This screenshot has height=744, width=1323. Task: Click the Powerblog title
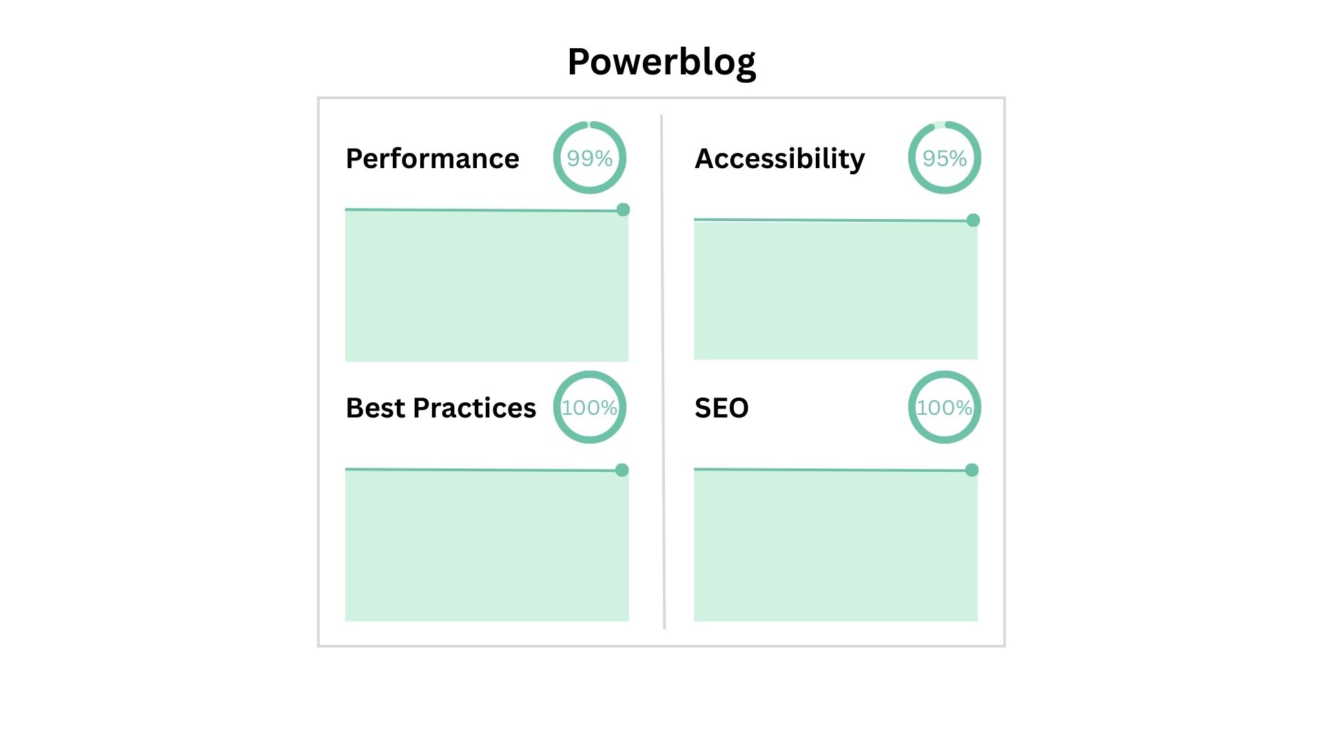point(661,62)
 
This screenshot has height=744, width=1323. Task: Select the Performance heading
point(432,158)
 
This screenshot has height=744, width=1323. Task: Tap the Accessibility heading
point(779,158)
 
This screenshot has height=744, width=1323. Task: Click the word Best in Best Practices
point(375,408)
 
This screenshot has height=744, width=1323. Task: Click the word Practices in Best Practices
point(474,408)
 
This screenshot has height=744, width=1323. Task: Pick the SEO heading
point(721,408)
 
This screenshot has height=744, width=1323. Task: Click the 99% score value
point(589,158)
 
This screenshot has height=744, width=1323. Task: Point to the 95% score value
point(944,158)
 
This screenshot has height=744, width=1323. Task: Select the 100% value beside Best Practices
point(589,408)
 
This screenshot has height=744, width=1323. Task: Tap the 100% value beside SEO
point(944,408)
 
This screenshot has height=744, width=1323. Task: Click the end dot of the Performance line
point(623,209)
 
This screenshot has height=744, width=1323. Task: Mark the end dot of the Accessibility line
point(973,220)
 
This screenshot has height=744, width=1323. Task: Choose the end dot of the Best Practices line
point(622,470)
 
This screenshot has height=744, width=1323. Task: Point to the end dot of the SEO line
point(972,470)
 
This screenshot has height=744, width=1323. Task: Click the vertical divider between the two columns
point(663,372)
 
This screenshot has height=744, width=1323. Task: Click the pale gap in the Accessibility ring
point(939,125)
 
